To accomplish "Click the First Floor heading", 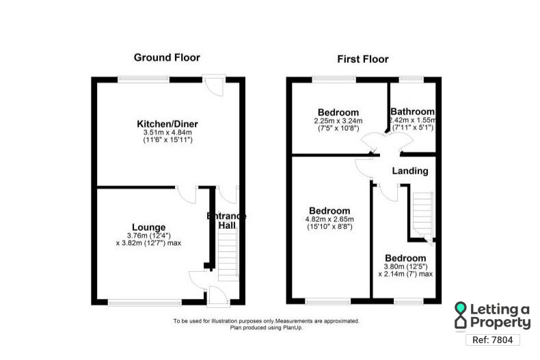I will (363, 59).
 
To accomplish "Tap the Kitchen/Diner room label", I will (167, 124).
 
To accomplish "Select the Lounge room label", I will (148, 227).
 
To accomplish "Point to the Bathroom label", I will (412, 112).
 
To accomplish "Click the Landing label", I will (411, 171).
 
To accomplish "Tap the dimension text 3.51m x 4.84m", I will (167, 133).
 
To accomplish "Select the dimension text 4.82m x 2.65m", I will (329, 219).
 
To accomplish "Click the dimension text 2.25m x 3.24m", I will (338, 122).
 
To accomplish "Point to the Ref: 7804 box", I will (492, 340).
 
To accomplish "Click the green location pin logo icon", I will (462, 315).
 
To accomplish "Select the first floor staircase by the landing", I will (421, 213).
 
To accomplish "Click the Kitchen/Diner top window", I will (144, 80).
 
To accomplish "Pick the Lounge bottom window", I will (144, 301).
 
